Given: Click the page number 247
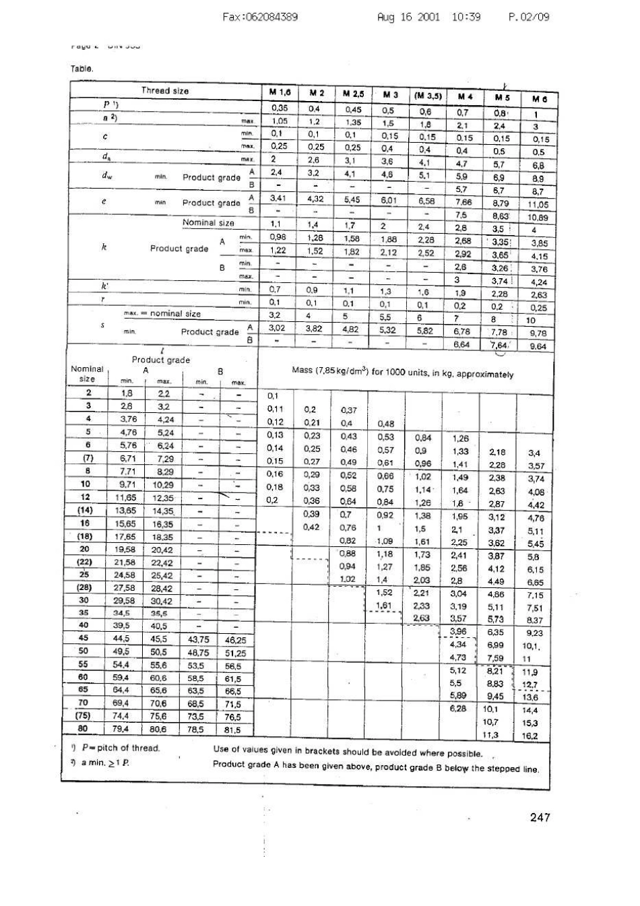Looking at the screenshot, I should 540,817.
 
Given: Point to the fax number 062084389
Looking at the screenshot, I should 259,17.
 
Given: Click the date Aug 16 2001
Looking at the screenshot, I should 408,17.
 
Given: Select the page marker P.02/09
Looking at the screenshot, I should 529,17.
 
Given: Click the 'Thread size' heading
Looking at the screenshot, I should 165,90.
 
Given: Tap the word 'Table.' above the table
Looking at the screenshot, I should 82,68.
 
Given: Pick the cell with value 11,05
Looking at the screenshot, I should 537,205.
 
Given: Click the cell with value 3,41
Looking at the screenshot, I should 278,198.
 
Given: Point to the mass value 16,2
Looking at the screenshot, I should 530,736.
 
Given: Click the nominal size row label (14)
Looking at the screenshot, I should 85,511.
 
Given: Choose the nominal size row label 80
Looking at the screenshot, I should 84,729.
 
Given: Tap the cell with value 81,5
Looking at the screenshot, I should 232,730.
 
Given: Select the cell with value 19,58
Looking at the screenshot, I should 125,550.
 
